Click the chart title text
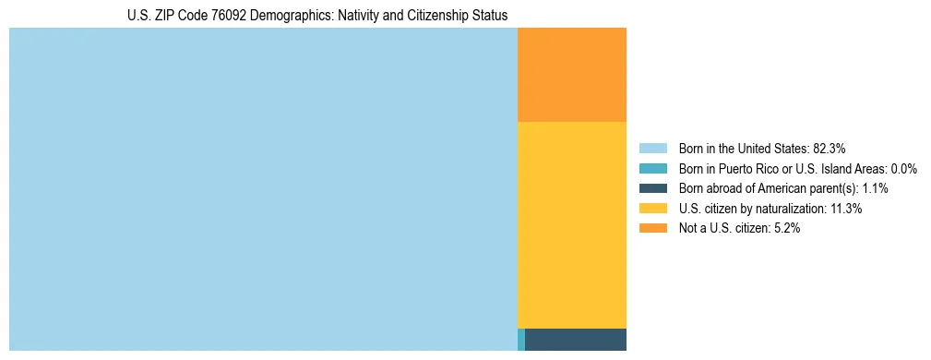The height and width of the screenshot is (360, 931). click(x=317, y=16)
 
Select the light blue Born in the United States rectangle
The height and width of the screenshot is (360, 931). click(x=263, y=189)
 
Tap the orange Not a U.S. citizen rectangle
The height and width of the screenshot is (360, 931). click(x=572, y=75)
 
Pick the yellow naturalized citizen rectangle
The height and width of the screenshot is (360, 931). click(x=572, y=224)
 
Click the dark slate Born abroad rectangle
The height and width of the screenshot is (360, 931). click(x=576, y=339)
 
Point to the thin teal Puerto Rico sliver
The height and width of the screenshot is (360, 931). click(x=521, y=339)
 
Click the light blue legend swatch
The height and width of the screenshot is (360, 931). click(x=652, y=148)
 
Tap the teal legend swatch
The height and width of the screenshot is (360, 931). click(x=652, y=168)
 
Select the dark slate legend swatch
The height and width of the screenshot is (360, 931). click(x=652, y=188)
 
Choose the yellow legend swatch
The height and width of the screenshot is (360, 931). click(x=652, y=209)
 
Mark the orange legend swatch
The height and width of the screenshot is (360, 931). click(x=652, y=229)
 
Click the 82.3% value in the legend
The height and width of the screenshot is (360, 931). click(x=830, y=148)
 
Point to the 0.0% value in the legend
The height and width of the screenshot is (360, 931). click(x=903, y=168)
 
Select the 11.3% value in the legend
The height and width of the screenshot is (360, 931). click(x=846, y=209)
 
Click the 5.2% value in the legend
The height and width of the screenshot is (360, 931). click(x=786, y=229)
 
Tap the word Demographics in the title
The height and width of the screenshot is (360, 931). click(x=292, y=16)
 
